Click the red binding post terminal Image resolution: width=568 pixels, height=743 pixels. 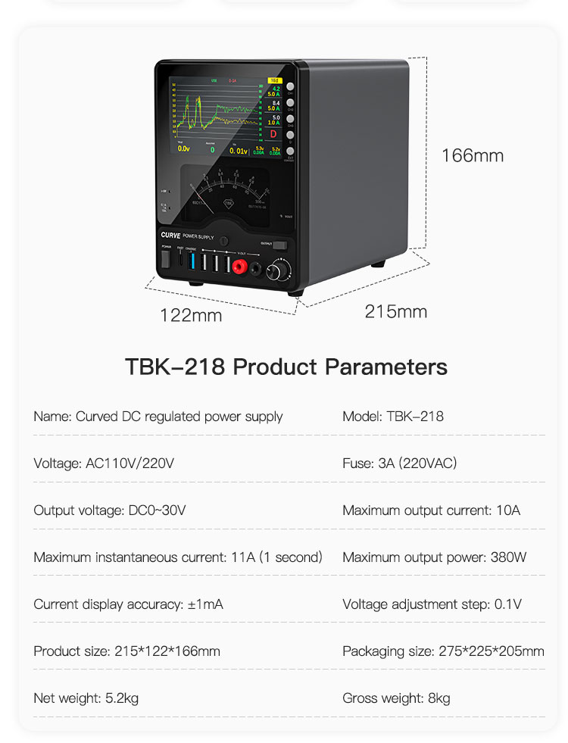tap(240, 266)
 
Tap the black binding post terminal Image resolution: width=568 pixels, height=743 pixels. tap(257, 267)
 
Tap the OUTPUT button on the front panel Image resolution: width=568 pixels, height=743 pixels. tap(280, 245)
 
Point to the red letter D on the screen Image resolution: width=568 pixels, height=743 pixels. tap(273, 134)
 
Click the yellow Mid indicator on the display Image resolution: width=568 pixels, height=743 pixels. tap(273, 80)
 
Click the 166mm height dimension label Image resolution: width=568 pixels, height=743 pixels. tap(473, 156)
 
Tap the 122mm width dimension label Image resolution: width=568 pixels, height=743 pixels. tap(191, 315)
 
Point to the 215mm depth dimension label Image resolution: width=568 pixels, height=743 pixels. tap(395, 311)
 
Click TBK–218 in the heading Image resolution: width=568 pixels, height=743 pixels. tap(175, 367)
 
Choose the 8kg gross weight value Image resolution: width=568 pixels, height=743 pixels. tap(438, 698)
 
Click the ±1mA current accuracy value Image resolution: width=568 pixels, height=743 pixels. tap(204, 604)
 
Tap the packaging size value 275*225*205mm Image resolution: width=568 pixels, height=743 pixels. tap(491, 651)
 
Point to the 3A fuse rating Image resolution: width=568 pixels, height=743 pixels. tap(386, 464)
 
